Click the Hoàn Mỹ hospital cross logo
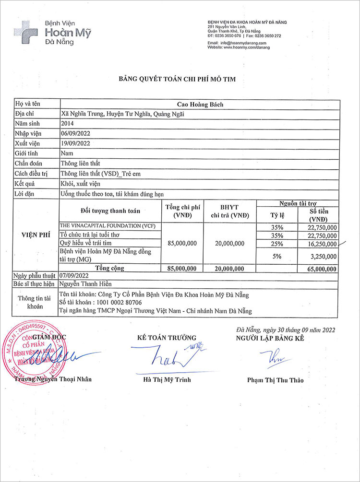[26, 32]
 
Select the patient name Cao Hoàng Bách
[200, 105]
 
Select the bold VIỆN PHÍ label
[36, 235]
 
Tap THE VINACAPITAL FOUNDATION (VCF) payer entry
[107, 225]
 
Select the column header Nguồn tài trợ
[298, 203]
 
